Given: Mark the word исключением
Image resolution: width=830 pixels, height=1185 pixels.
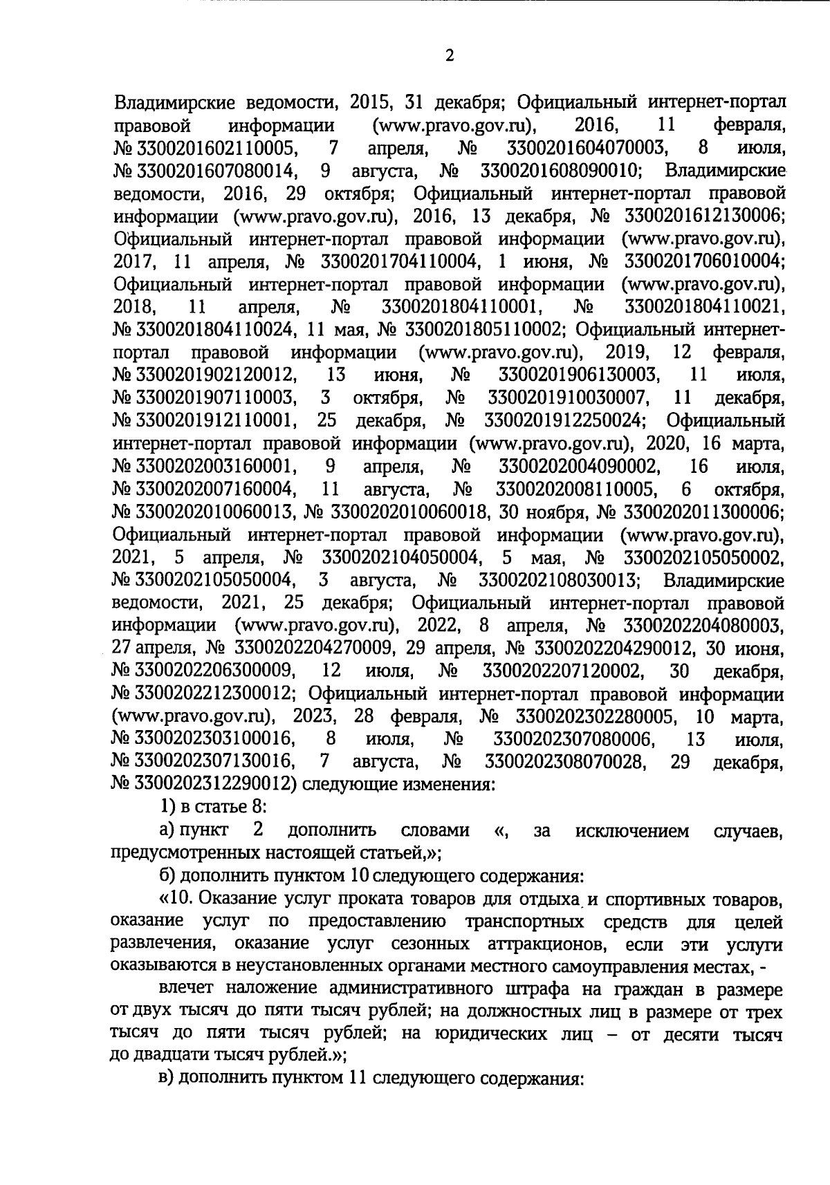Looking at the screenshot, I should (631, 831).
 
